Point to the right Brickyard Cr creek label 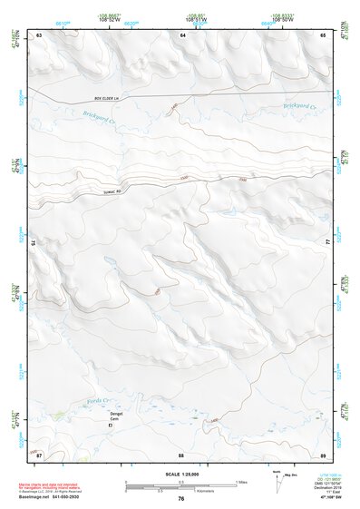[x=301, y=105]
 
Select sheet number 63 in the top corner [x=38, y=34]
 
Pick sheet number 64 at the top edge [x=181, y=34]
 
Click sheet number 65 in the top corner [x=323, y=34]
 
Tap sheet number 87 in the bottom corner [x=38, y=454]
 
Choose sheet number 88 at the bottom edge [x=181, y=454]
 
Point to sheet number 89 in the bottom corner [x=323, y=454]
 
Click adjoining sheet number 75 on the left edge [x=34, y=243]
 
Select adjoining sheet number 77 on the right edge [x=327, y=243]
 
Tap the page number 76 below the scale [x=181, y=498]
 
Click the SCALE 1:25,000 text [x=181, y=475]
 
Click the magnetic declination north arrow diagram [x=277, y=482]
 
